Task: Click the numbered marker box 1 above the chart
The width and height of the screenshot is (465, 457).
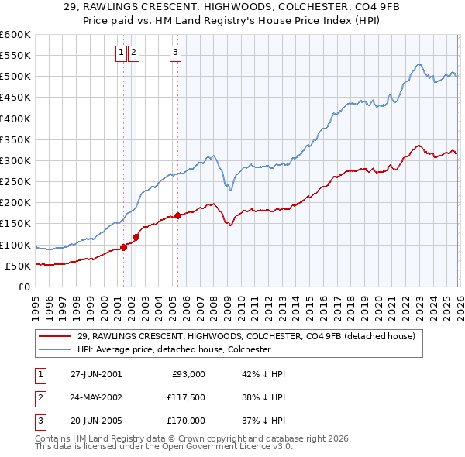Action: [122, 53]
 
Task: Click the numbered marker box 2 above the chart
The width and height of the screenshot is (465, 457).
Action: [134, 53]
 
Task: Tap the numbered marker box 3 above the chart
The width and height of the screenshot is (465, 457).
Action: [176, 53]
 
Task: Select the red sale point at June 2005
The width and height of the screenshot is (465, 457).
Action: [178, 215]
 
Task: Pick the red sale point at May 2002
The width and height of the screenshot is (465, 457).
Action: [136, 237]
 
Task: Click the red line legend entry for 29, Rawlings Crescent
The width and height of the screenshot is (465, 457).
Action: [246, 336]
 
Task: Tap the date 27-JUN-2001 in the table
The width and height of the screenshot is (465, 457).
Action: [96, 373]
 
